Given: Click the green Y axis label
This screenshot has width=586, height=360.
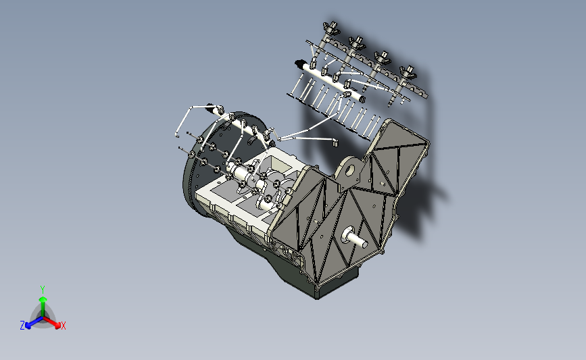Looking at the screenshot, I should (42, 289).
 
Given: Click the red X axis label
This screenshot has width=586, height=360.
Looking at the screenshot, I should (64, 326).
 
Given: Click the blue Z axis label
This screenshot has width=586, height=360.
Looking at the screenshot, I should (22, 326).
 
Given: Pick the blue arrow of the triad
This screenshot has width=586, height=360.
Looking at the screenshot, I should (31, 322).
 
